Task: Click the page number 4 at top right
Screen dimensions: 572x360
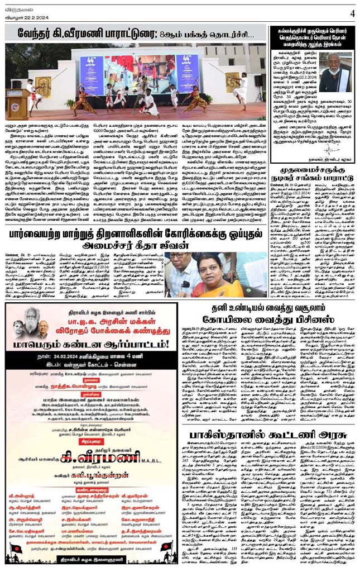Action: pyautogui.click(x=352, y=12)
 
